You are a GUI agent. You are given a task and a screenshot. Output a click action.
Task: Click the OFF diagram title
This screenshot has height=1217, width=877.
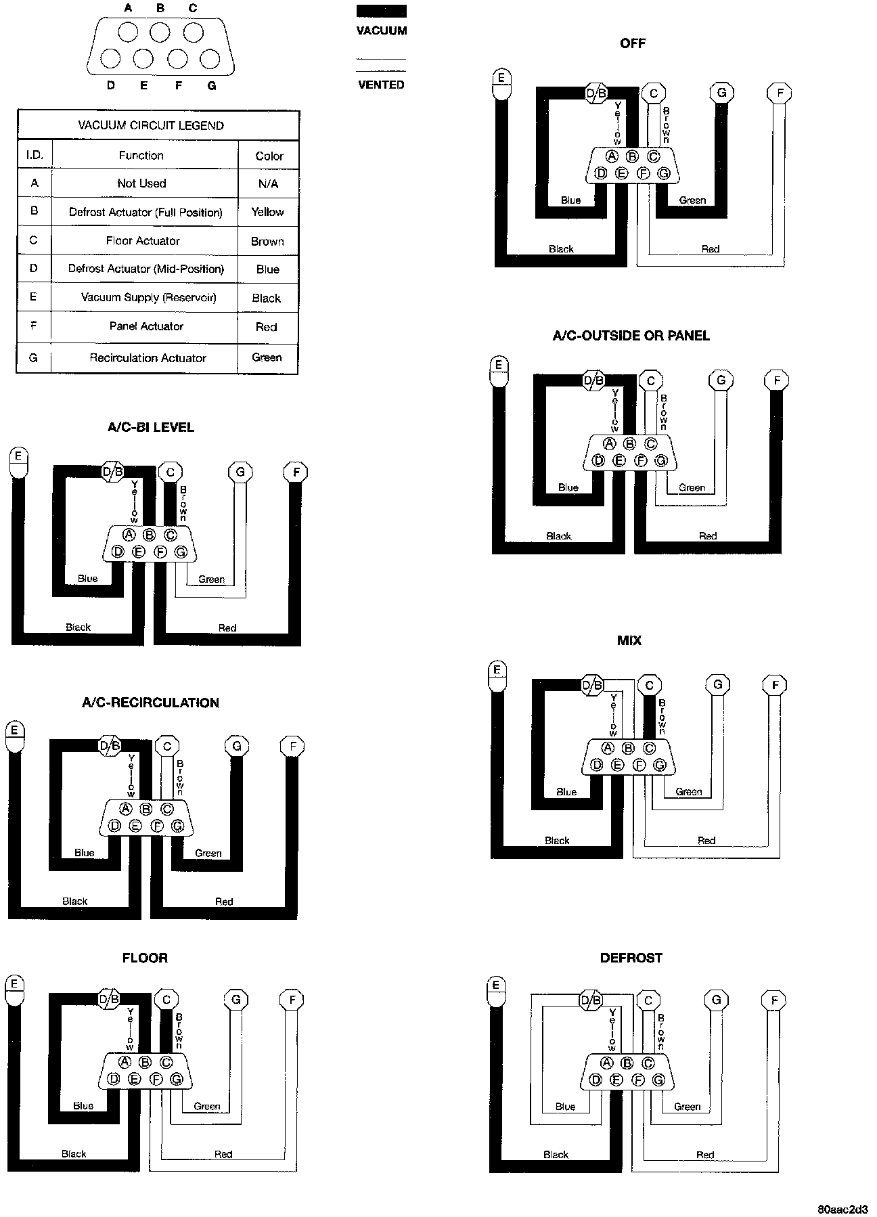tap(633, 43)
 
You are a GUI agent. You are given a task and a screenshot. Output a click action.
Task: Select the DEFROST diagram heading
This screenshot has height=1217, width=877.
tap(631, 958)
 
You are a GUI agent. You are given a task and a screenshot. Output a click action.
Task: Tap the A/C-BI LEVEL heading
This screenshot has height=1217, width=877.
tap(151, 427)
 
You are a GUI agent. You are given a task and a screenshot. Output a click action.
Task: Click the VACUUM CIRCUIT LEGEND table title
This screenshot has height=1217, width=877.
tap(151, 125)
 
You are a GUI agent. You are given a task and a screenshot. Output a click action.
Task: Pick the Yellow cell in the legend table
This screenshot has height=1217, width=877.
tap(267, 212)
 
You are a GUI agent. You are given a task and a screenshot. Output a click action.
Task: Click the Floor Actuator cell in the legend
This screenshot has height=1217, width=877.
tap(143, 240)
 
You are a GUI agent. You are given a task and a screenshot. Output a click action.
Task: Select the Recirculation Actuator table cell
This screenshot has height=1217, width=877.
tap(148, 357)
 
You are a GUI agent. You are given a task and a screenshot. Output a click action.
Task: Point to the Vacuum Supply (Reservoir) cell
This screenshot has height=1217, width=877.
tap(148, 297)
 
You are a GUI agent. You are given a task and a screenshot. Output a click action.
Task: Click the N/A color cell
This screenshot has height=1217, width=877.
tap(268, 183)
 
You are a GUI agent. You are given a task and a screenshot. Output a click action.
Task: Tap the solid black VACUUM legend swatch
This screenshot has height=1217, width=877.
tap(382, 11)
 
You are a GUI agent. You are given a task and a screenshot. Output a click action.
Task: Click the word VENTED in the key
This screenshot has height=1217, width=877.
tap(381, 85)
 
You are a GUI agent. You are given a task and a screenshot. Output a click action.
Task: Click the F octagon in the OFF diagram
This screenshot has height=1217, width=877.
tap(780, 93)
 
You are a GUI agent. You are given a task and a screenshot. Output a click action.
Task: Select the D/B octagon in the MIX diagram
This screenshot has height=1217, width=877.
tap(592, 685)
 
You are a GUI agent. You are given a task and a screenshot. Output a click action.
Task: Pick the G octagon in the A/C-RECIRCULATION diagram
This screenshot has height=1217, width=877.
tap(236, 746)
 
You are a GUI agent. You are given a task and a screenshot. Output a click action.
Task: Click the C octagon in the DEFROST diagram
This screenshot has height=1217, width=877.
tap(648, 1000)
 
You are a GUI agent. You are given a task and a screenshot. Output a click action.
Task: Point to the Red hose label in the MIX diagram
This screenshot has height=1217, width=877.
tap(706, 840)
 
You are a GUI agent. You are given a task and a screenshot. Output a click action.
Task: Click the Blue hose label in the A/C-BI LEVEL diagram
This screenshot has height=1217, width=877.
tap(87, 578)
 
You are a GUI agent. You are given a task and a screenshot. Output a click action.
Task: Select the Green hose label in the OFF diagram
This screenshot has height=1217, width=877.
tap(692, 200)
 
